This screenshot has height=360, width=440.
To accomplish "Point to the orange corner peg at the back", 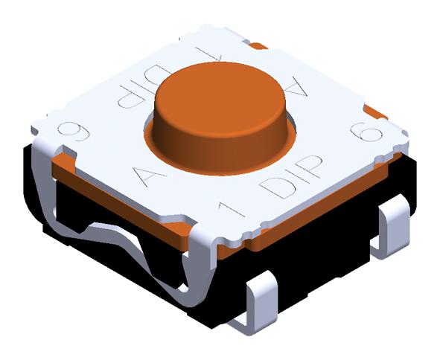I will [258, 46].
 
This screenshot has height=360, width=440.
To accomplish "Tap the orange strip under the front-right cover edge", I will [320, 222].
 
